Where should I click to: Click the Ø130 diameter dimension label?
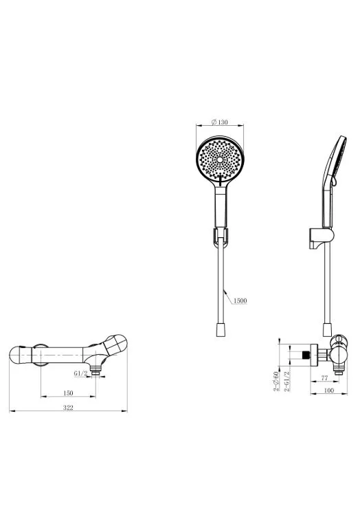click(x=220, y=122)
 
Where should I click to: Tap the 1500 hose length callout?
click(x=240, y=300)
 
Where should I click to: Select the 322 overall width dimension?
click(x=68, y=408)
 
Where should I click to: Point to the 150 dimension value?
click(x=68, y=393)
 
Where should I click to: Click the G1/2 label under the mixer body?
click(x=81, y=373)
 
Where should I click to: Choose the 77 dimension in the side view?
click(x=324, y=378)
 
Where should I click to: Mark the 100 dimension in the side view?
click(x=328, y=390)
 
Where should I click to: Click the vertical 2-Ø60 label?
click(x=276, y=382)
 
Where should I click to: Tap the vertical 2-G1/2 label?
click(x=286, y=382)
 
